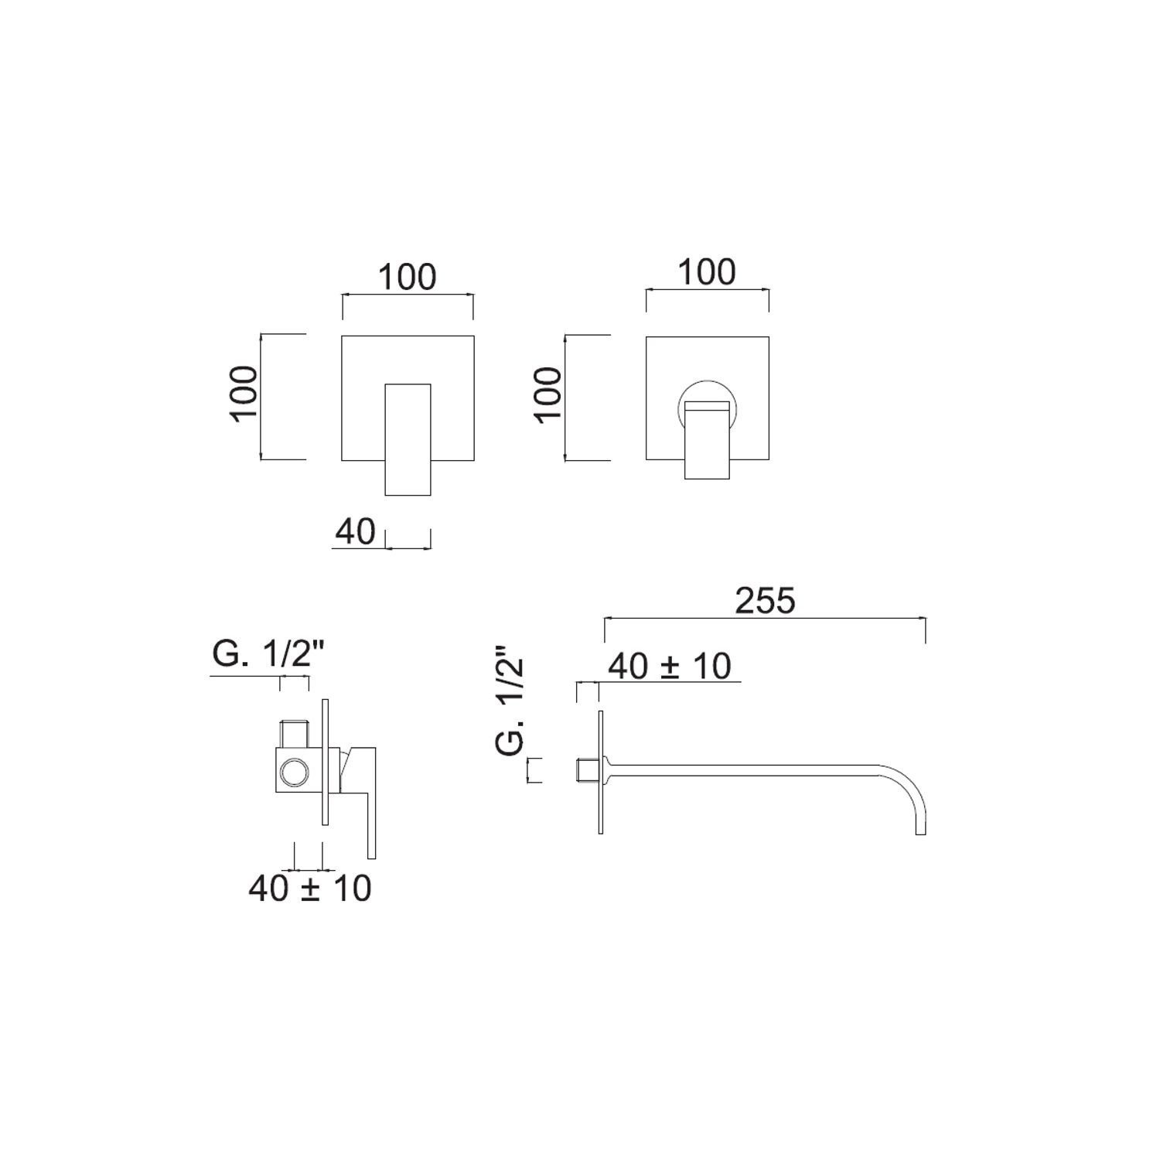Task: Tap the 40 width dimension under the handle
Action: coord(355,532)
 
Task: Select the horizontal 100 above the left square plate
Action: coord(408,277)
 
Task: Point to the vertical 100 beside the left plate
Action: coord(244,394)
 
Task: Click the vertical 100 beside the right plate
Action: coord(548,394)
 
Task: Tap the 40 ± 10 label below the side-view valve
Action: coord(309,889)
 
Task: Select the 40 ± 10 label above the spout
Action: coord(670,666)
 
